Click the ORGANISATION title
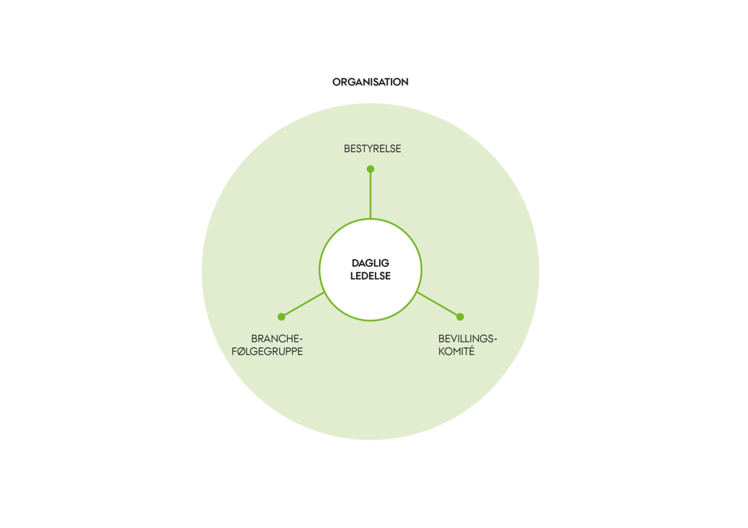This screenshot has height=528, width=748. point(370,82)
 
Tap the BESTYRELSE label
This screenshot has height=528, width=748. point(372,149)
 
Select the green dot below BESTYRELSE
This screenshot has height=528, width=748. point(370,169)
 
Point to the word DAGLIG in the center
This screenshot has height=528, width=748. point(370,263)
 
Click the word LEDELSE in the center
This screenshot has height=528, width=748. point(370,276)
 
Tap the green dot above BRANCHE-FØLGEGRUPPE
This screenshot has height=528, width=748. point(282,316)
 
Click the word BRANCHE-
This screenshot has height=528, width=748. point(277,339)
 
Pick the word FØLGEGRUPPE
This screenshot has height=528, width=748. point(267,352)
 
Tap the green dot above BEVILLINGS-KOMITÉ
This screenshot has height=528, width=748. point(460,316)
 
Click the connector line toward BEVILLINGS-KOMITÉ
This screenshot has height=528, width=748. point(438,304)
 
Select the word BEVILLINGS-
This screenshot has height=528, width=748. point(467,339)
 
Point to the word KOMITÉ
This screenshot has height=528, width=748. point(456,351)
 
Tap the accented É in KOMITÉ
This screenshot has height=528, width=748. point(471,351)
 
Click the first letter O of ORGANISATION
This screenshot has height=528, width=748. point(337,82)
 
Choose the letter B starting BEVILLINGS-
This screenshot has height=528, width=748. point(441,339)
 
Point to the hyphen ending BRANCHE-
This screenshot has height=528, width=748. point(300,339)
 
